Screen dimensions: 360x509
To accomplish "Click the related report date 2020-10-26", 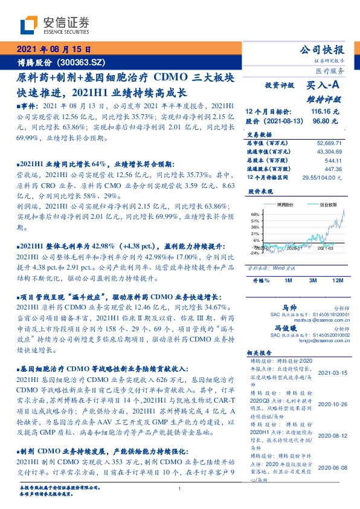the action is (332, 404).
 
